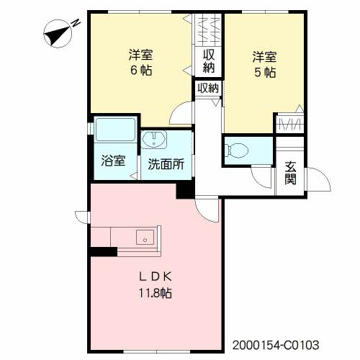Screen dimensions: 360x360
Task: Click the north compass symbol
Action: (58, 34)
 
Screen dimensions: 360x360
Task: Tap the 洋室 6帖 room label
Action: (141, 63)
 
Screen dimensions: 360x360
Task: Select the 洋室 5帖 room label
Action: (264, 64)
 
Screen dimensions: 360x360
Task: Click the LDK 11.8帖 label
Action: (156, 285)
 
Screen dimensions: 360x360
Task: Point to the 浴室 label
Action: (113, 161)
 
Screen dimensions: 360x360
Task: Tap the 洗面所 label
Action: (166, 164)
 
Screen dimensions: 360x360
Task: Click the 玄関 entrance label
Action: (290, 173)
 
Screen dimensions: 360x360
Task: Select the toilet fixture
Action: (237, 150)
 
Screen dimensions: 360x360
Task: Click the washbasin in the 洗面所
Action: (154, 140)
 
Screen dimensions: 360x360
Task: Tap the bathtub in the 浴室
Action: (115, 130)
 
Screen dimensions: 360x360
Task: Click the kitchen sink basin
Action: (145, 237)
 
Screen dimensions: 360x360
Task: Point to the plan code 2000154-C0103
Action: (276, 345)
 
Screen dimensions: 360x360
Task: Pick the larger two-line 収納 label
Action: (209, 61)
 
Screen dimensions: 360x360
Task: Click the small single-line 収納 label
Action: (208, 88)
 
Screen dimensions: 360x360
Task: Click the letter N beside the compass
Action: (76, 23)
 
